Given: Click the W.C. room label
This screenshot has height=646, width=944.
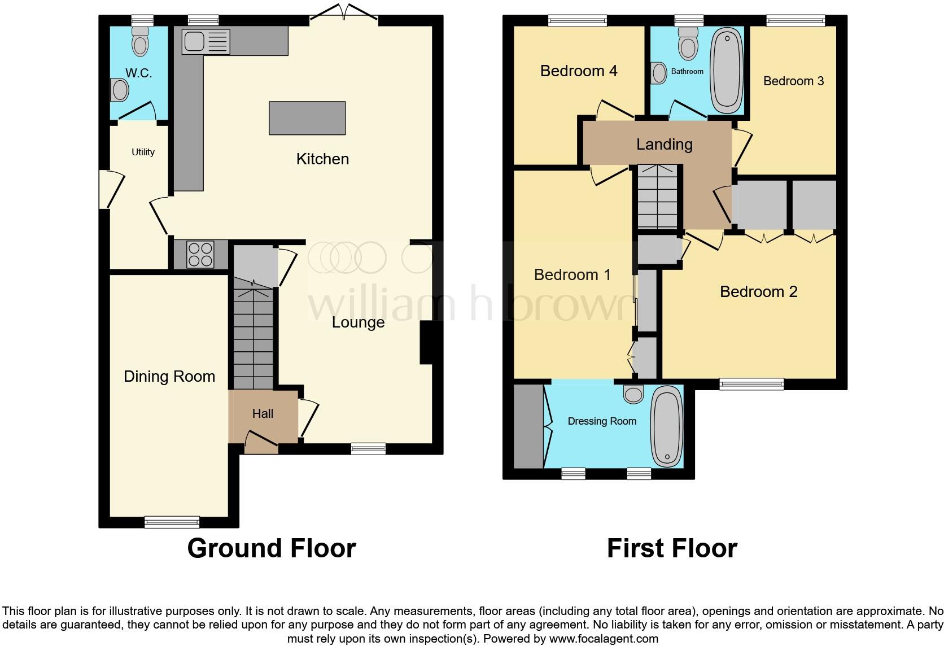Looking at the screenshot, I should click(138, 73).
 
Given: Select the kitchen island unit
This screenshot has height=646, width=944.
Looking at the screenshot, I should click(307, 118).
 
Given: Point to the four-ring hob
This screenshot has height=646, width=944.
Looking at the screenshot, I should click(200, 254).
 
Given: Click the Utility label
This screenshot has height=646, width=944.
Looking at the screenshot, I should click(143, 152).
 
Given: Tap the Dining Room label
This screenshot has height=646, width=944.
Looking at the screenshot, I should click(169, 377).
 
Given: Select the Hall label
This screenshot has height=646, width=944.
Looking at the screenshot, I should click(263, 414).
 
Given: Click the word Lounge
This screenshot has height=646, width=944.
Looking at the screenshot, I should click(358, 322).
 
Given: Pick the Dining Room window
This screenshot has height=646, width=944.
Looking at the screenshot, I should click(172, 522).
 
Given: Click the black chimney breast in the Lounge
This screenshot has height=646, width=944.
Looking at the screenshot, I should click(427, 343).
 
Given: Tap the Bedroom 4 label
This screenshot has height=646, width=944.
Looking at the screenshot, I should click(579, 71).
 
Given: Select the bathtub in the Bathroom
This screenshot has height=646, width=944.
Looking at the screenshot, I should click(727, 71).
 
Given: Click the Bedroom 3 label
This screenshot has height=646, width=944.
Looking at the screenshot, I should click(793, 81).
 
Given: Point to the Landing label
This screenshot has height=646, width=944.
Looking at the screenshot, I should click(664, 145).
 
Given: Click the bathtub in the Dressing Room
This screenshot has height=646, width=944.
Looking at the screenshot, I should click(667, 426).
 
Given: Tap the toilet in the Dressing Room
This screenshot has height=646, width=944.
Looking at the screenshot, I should click(633, 394).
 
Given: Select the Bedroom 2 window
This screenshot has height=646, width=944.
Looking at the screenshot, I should click(751, 385).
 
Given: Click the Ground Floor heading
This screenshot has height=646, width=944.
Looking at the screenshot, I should click(272, 548).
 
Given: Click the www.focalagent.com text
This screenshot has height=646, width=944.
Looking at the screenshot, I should click(604, 639).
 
